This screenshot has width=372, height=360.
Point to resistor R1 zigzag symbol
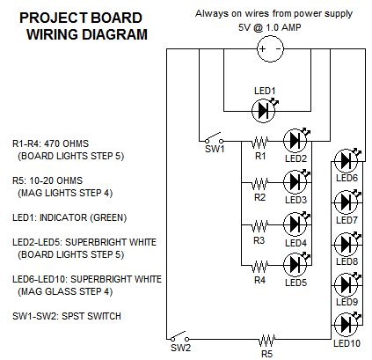pos(260,140)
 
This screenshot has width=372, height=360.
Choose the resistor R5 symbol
pos(266,339)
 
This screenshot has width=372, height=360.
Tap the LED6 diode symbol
pos(346,160)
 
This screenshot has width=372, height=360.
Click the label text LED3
pos(295,200)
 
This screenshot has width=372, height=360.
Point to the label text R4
pos(259,281)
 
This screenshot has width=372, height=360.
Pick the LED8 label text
pos(346,261)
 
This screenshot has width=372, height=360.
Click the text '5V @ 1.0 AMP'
pos(268,28)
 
